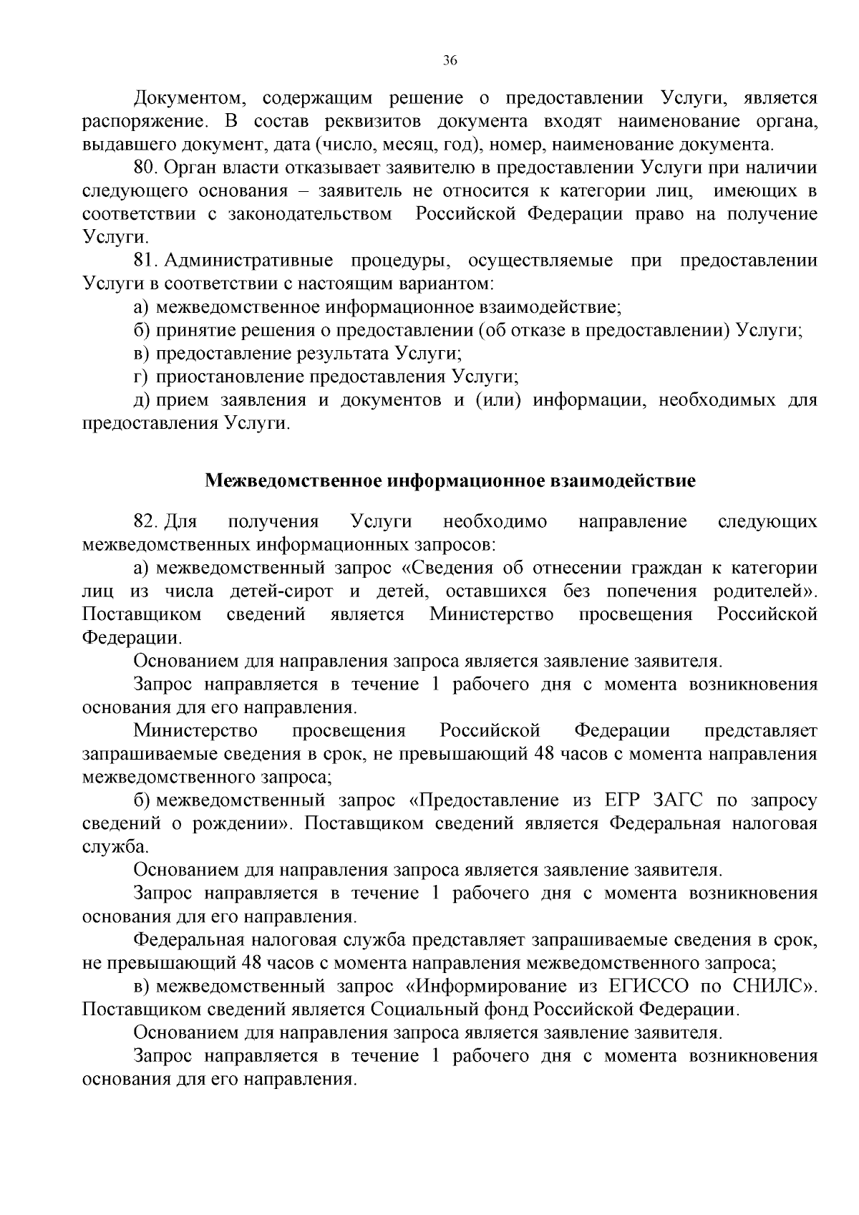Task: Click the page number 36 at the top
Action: click(450, 61)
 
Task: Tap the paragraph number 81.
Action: click(146, 261)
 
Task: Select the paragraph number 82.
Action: click(146, 521)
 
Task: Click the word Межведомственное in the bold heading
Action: click(293, 480)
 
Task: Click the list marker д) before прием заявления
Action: click(142, 400)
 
